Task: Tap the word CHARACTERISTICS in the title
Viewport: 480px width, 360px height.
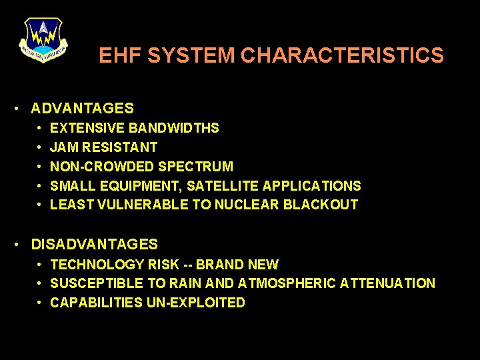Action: pyautogui.click(x=342, y=55)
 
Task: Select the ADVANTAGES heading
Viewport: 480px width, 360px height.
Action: pyautogui.click(x=82, y=108)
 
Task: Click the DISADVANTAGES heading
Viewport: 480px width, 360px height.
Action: pyautogui.click(x=94, y=244)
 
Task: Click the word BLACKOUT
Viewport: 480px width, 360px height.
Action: pyautogui.click(x=321, y=205)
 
